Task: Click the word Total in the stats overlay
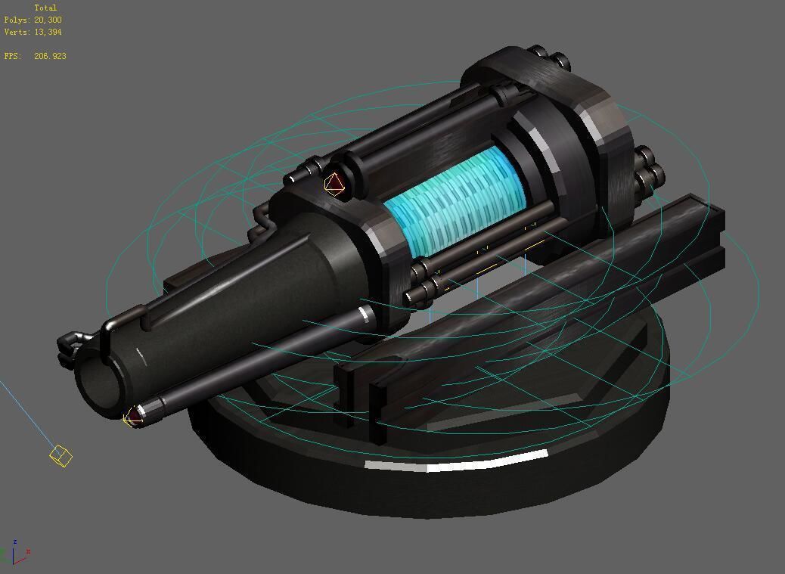tap(45, 8)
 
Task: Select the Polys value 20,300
tap(48, 20)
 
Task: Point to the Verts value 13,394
tap(48, 32)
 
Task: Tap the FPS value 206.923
tap(50, 56)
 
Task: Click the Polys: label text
tap(17, 20)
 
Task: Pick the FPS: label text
tap(12, 56)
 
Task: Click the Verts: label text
tap(17, 32)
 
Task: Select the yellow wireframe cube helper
tap(61, 455)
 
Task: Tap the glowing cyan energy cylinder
tap(456, 200)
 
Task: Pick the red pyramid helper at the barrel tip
tap(134, 415)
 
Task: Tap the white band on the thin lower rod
tap(365, 312)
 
